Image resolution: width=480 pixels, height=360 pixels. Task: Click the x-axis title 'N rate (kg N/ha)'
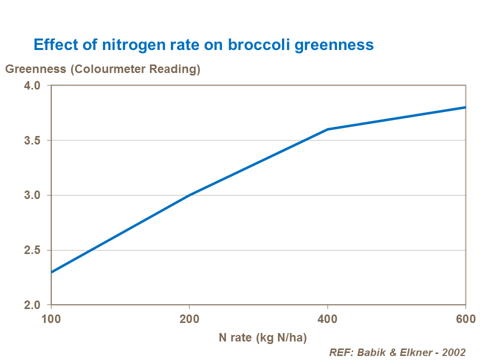coord(262,337)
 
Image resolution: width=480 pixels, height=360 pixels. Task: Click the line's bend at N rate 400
coord(327,129)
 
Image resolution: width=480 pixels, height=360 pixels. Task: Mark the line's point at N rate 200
coord(189,195)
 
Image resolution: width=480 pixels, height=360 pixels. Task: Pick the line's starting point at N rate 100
coord(51,272)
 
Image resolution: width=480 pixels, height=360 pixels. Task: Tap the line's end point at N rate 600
coord(465,107)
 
